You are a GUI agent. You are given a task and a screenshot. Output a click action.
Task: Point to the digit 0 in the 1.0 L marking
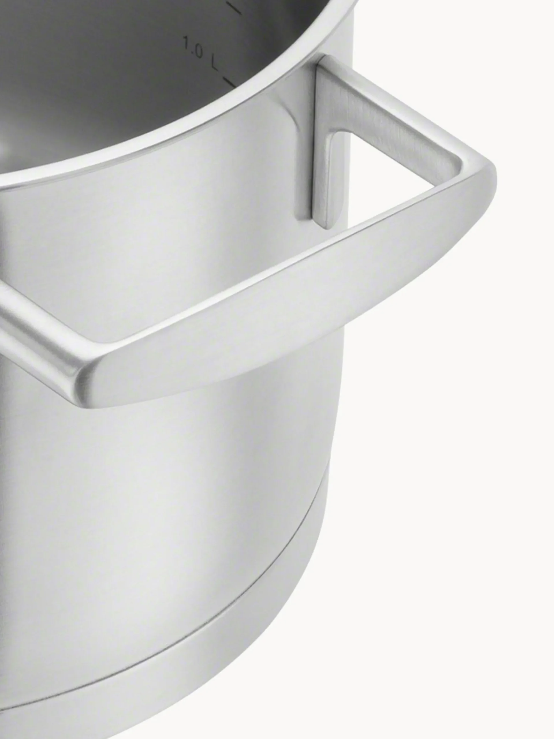197,51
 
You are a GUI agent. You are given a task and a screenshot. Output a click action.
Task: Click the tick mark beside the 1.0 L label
229,82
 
